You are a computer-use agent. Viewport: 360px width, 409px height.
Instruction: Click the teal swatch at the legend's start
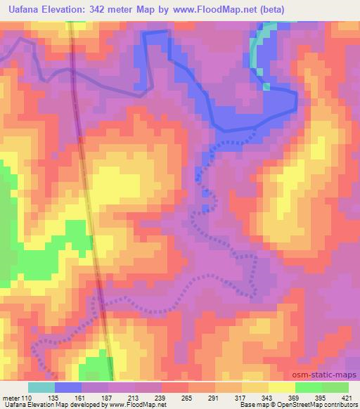coord(41,387)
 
